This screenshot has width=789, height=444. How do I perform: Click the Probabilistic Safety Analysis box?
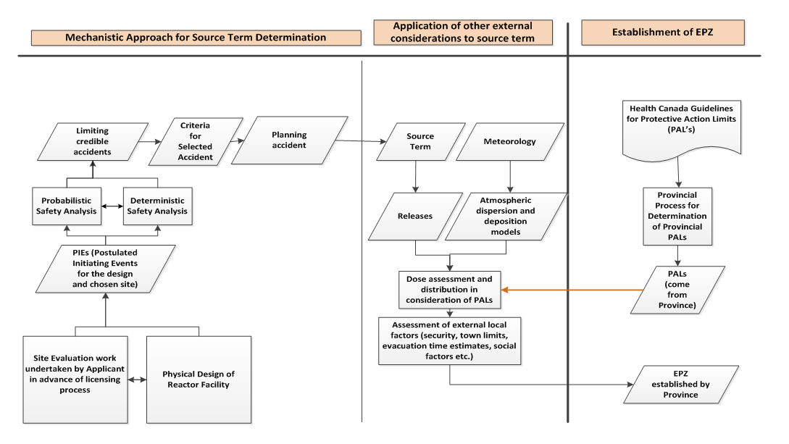[67, 206]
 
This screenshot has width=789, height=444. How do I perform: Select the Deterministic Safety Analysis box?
[157, 206]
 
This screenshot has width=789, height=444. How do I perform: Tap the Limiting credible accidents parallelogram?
[93, 141]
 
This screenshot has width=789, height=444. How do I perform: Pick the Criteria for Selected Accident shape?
[196, 141]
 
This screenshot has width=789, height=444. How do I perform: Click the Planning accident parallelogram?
[289, 141]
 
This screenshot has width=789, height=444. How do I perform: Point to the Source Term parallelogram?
[421, 141]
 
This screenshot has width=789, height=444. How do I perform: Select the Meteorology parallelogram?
[510, 141]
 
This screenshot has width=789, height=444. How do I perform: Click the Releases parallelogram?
[416, 217]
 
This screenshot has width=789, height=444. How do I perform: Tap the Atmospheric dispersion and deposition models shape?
[506, 217]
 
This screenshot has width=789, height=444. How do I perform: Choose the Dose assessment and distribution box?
[450, 290]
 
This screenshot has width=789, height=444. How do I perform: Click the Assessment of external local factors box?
[450, 341]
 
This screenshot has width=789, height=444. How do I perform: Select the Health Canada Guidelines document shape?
[681, 130]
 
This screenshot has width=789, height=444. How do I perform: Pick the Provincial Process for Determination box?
[677, 217]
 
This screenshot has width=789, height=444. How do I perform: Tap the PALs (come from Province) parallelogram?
[678, 290]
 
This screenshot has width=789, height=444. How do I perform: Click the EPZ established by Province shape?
[681, 384]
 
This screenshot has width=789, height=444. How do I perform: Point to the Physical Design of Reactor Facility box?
[199, 380]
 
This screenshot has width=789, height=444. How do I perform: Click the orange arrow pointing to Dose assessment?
[572, 290]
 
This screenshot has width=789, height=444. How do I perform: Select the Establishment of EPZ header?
[663, 32]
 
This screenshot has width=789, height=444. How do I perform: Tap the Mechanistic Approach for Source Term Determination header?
[196, 38]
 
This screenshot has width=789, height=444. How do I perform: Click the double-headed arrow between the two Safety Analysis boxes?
[112, 206]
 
